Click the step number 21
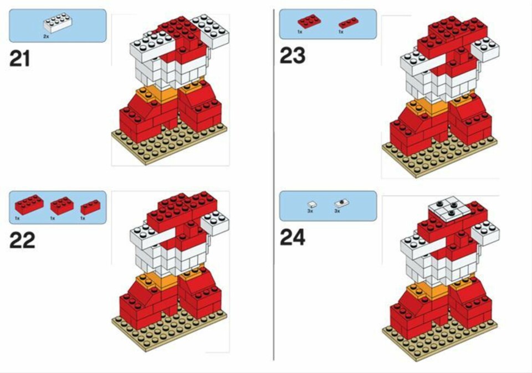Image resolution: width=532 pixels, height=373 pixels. point(20,59)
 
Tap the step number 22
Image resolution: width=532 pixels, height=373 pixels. point(22,241)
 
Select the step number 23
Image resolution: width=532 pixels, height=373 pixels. point(293,55)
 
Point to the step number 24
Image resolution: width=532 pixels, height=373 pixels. point(293,237)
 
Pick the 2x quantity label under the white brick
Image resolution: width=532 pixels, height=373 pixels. point(46,36)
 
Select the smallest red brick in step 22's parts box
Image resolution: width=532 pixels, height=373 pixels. point(90,208)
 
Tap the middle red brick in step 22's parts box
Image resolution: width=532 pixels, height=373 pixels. point(62,205)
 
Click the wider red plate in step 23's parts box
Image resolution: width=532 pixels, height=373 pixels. point(310,21)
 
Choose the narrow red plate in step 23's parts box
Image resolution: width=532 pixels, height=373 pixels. point(349,23)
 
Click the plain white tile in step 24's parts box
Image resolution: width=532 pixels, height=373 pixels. point(312,204)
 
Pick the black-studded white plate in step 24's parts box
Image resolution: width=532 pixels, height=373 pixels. point(342,203)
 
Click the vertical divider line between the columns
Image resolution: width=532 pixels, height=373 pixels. point(273,185)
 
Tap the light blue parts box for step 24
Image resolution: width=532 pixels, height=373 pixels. point(328,206)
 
